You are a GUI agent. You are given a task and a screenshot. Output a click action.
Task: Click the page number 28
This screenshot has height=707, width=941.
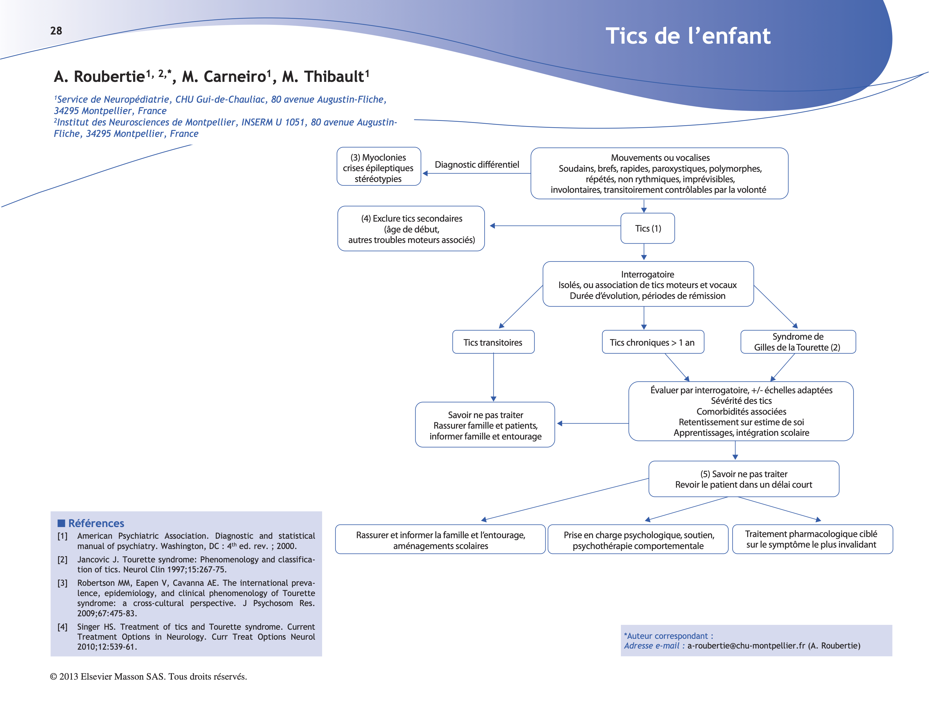[x=56, y=31]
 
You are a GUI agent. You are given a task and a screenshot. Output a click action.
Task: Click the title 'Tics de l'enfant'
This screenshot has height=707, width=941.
[x=688, y=36]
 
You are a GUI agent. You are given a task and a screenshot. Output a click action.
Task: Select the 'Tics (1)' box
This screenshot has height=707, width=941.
[x=647, y=228]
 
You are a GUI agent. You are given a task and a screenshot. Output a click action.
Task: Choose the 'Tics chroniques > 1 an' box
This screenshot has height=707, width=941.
[x=652, y=342]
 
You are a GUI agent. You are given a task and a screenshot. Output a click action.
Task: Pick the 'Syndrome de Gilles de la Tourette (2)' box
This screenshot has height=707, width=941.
[x=797, y=342]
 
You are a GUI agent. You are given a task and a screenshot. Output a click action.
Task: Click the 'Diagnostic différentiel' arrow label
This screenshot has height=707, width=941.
[x=476, y=165]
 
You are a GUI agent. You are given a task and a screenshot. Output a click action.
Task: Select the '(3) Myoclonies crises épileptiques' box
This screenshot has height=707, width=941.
[x=378, y=168]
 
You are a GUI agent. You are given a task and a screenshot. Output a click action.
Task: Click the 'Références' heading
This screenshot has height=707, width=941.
[x=96, y=523]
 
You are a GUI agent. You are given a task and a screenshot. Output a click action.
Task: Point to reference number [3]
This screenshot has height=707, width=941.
[x=62, y=583]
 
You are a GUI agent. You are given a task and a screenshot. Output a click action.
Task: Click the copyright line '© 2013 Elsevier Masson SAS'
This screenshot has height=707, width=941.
[x=149, y=676]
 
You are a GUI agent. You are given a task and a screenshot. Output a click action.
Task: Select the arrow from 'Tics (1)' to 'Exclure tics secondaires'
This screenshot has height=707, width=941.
[x=555, y=226]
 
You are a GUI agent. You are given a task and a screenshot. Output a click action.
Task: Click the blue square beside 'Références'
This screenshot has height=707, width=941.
[x=61, y=523]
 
